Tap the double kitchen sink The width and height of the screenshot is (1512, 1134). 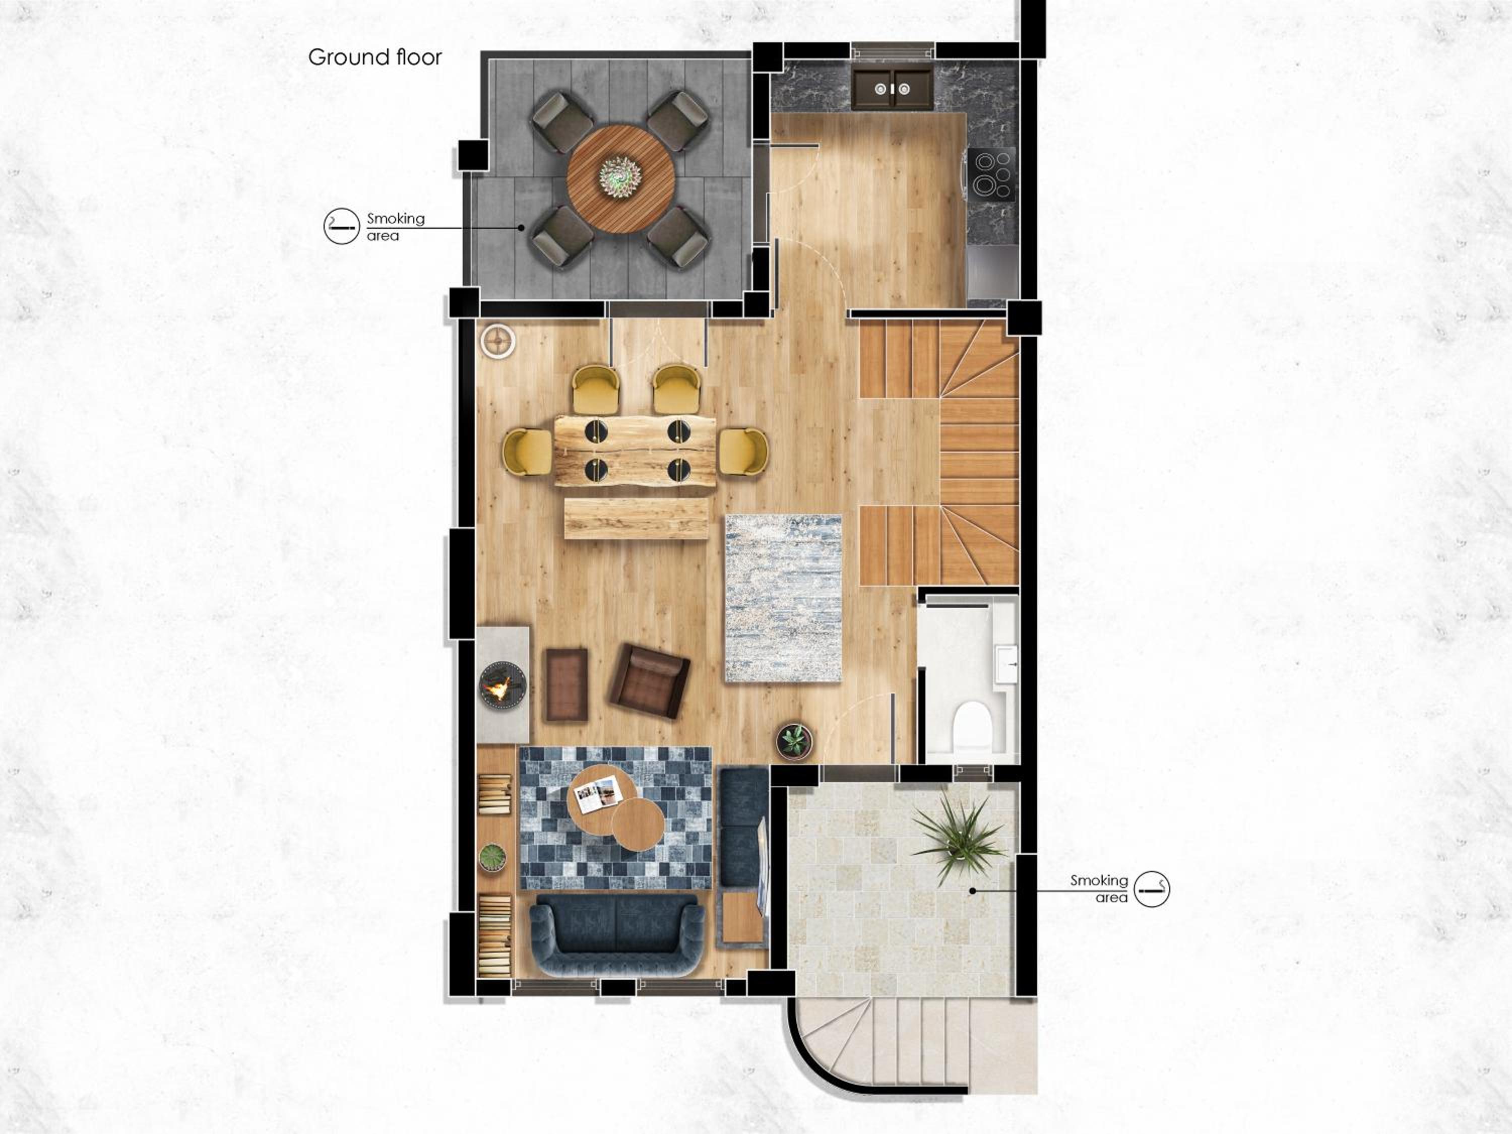pos(893,88)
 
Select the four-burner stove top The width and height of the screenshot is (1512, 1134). pos(991,173)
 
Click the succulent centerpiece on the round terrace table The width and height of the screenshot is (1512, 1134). pos(620,176)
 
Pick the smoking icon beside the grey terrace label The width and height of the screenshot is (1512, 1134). pos(342,226)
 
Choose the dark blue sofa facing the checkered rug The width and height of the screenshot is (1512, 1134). pos(617,934)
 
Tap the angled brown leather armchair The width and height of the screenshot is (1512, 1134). pos(649,681)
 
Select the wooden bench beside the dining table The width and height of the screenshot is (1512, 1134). pos(637,518)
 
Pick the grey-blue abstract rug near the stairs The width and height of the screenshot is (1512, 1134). pos(783,598)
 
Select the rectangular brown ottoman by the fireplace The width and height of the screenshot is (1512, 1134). pos(566,685)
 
